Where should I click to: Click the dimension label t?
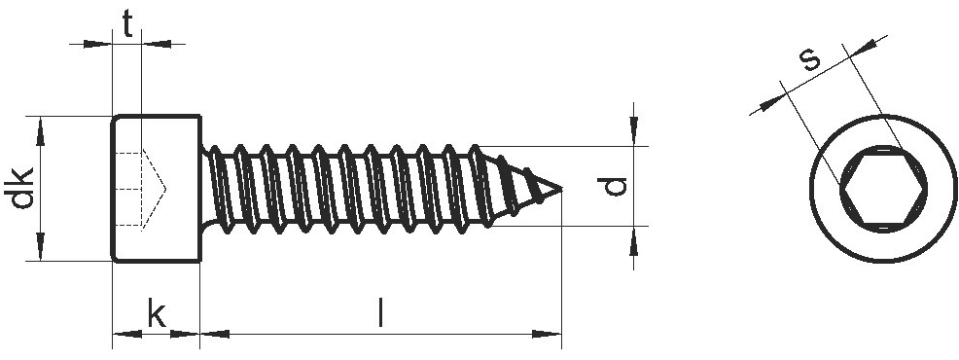coord(127,24)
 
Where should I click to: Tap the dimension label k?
coord(156,314)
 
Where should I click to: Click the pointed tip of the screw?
coord(560,189)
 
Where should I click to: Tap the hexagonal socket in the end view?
coord(883,189)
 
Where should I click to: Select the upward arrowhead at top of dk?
coord(41,131)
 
